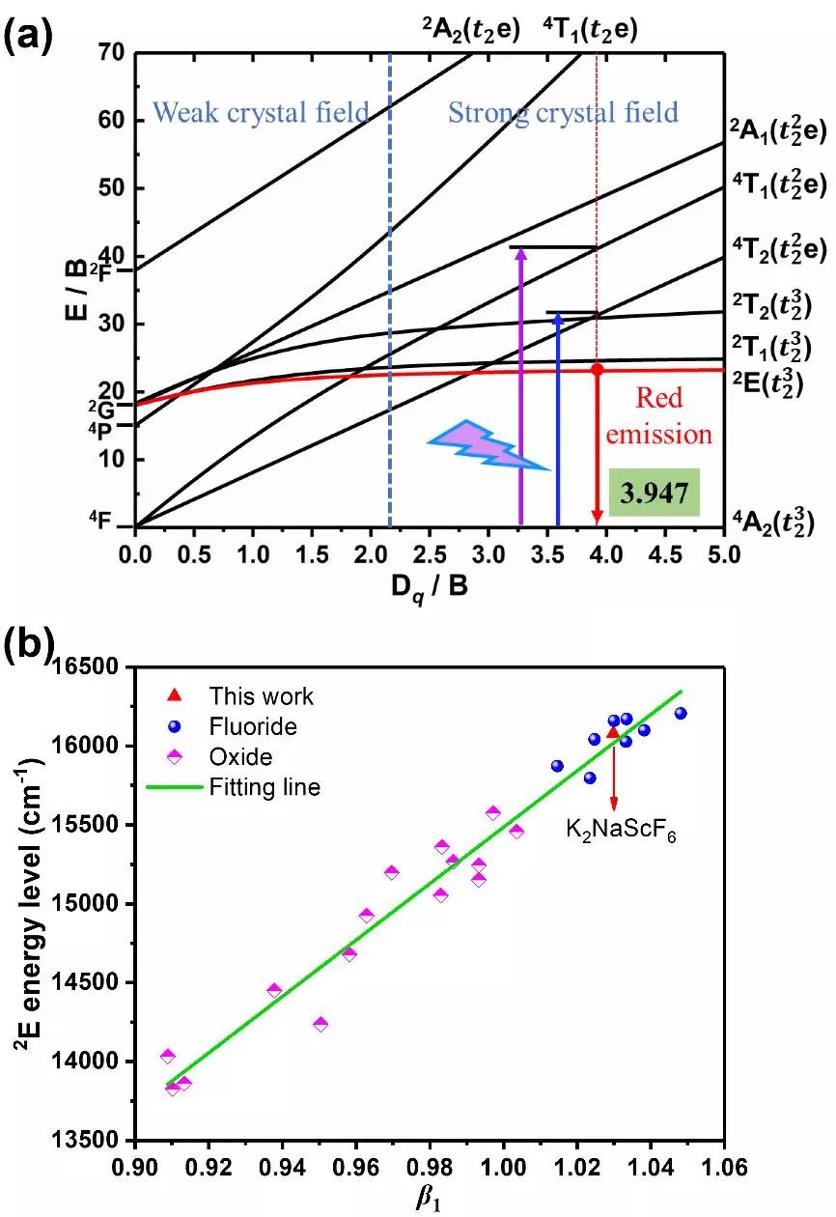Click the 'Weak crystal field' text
[261, 113]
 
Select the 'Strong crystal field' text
[563, 113]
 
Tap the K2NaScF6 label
[621, 830]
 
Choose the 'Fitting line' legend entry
[265, 787]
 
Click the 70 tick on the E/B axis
[114, 53]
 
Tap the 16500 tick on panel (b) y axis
[92, 667]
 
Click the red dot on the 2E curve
[597, 369]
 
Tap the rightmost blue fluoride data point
[681, 714]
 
